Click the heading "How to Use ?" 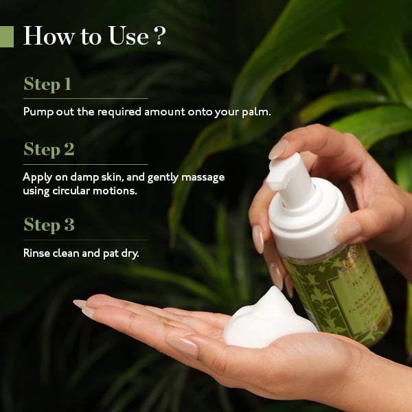(94, 36)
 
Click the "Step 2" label (49, 149)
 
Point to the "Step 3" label (49, 225)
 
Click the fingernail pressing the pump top (278, 148)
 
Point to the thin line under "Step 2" (86, 164)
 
